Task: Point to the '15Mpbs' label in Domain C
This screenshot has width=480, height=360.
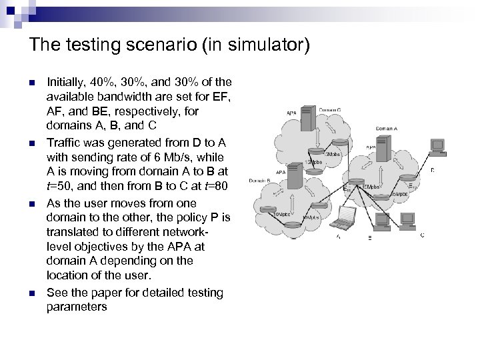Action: pyautogui.click(x=312, y=162)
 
